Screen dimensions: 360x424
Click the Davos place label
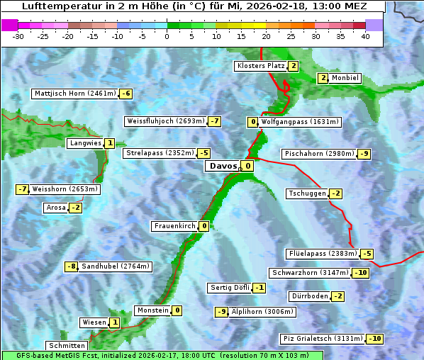223,167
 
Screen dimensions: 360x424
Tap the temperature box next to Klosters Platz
293,66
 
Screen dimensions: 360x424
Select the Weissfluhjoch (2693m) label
165,121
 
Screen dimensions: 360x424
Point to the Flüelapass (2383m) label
322,254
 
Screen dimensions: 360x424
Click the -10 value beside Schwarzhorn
361,273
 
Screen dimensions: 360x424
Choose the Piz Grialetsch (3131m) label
323,339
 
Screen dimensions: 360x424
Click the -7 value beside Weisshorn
23,189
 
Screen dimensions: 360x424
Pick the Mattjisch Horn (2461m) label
74,94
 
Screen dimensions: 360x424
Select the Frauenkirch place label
174,226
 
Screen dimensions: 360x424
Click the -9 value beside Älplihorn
222,312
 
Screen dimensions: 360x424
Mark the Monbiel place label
345,78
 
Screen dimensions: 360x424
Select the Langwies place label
84,143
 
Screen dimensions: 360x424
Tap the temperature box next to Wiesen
115,322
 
